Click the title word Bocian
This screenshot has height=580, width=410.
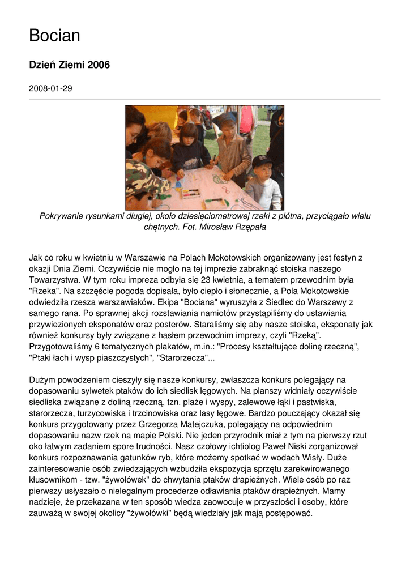(x=54, y=36)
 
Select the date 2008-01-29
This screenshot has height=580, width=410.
(x=50, y=89)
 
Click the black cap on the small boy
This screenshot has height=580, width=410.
(x=263, y=162)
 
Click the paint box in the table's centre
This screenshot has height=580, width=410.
(x=191, y=193)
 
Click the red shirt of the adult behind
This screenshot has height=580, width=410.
(x=246, y=120)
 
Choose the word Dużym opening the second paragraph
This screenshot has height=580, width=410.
(x=42, y=379)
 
